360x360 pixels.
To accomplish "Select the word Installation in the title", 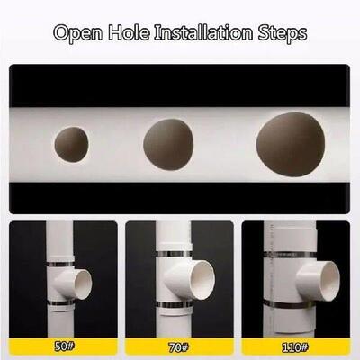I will click(x=206, y=34).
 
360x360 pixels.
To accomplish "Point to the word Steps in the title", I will click(x=282, y=34).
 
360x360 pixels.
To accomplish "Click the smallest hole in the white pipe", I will click(x=72, y=144).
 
